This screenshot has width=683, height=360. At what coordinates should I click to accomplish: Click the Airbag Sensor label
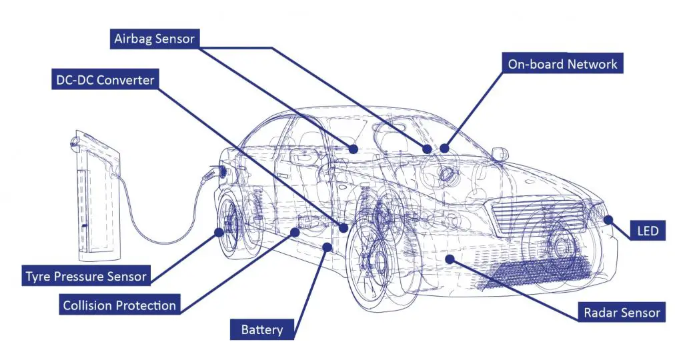point(154,39)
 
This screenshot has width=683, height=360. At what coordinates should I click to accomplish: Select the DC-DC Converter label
point(103,81)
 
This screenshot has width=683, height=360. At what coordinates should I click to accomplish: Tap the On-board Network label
point(562,64)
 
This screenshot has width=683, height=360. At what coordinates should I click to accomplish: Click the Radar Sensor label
point(622,312)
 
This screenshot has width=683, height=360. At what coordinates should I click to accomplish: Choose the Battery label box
point(261,329)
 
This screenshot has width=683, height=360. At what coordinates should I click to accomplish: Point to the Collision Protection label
point(119,306)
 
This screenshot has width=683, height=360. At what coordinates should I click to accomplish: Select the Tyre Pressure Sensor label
point(86,275)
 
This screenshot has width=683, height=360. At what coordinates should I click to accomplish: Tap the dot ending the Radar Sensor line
point(450,257)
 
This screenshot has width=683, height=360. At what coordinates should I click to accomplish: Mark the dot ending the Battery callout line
point(325,248)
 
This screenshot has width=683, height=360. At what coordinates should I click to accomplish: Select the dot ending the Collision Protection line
point(295,232)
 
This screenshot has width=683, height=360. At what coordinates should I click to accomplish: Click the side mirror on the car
point(498,154)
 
